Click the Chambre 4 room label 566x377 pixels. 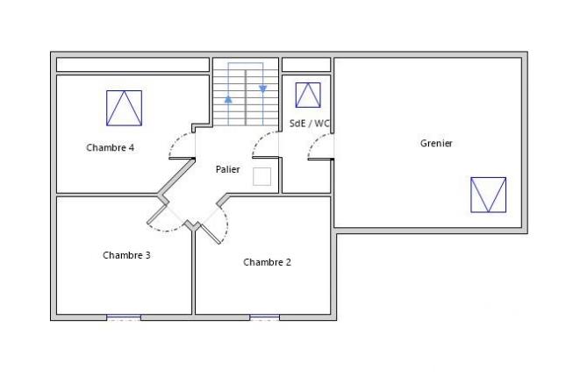(110, 147)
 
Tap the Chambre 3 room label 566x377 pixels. (126, 255)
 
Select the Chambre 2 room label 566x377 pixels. (267, 261)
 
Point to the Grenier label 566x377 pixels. (436, 143)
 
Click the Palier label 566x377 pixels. (228, 169)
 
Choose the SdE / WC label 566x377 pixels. (309, 124)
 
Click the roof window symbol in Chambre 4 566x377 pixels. (124, 108)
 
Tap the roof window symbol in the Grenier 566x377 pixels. (488, 195)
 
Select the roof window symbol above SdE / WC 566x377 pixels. (308, 95)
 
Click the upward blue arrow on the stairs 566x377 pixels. (228, 99)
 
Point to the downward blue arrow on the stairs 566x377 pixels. (262, 89)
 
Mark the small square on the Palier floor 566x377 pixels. (262, 176)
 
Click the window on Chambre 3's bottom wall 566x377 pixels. (124, 317)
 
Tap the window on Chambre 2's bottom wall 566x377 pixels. (264, 317)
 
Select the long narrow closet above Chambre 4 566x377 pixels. (133, 65)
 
